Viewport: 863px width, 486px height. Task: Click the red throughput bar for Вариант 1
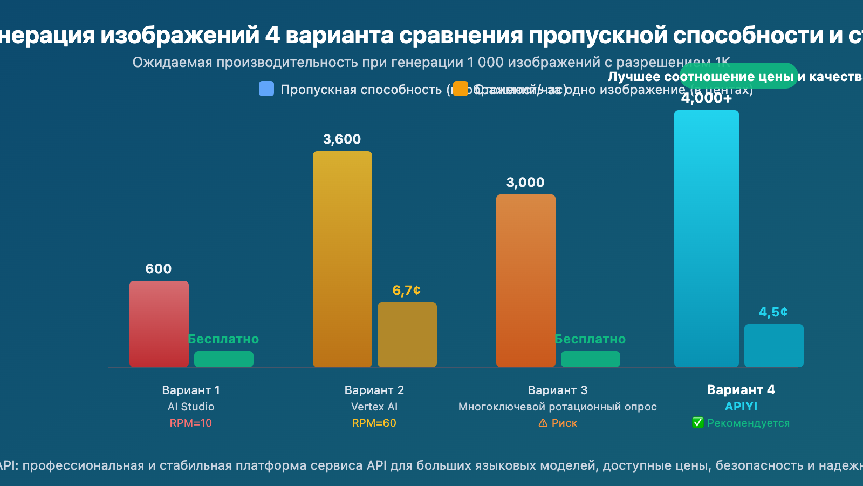tap(159, 324)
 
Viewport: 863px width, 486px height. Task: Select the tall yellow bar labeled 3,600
tap(343, 259)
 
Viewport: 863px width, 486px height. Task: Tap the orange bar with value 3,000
tap(526, 281)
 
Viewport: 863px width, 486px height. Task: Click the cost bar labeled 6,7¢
tap(407, 335)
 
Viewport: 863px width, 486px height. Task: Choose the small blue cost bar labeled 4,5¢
tap(774, 346)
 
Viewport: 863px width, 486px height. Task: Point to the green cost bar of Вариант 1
tap(224, 359)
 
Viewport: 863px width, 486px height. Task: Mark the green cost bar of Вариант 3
tap(591, 359)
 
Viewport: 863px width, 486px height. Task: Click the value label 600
tap(159, 269)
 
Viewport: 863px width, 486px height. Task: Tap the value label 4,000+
tap(707, 98)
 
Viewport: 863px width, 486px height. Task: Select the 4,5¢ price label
tap(773, 312)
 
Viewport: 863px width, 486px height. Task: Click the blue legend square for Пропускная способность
tap(266, 89)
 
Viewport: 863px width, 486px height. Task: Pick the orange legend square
tap(461, 89)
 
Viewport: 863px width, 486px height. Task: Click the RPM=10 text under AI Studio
tap(191, 423)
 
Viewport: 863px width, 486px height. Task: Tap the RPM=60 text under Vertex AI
tap(374, 423)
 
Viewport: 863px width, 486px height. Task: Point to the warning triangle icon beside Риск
tap(543, 423)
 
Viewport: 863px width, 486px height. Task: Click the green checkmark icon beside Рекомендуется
tap(698, 423)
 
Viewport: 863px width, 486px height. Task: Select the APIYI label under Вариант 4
tap(741, 407)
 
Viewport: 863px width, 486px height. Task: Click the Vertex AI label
tap(374, 407)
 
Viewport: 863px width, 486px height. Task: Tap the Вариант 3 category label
tap(558, 390)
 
